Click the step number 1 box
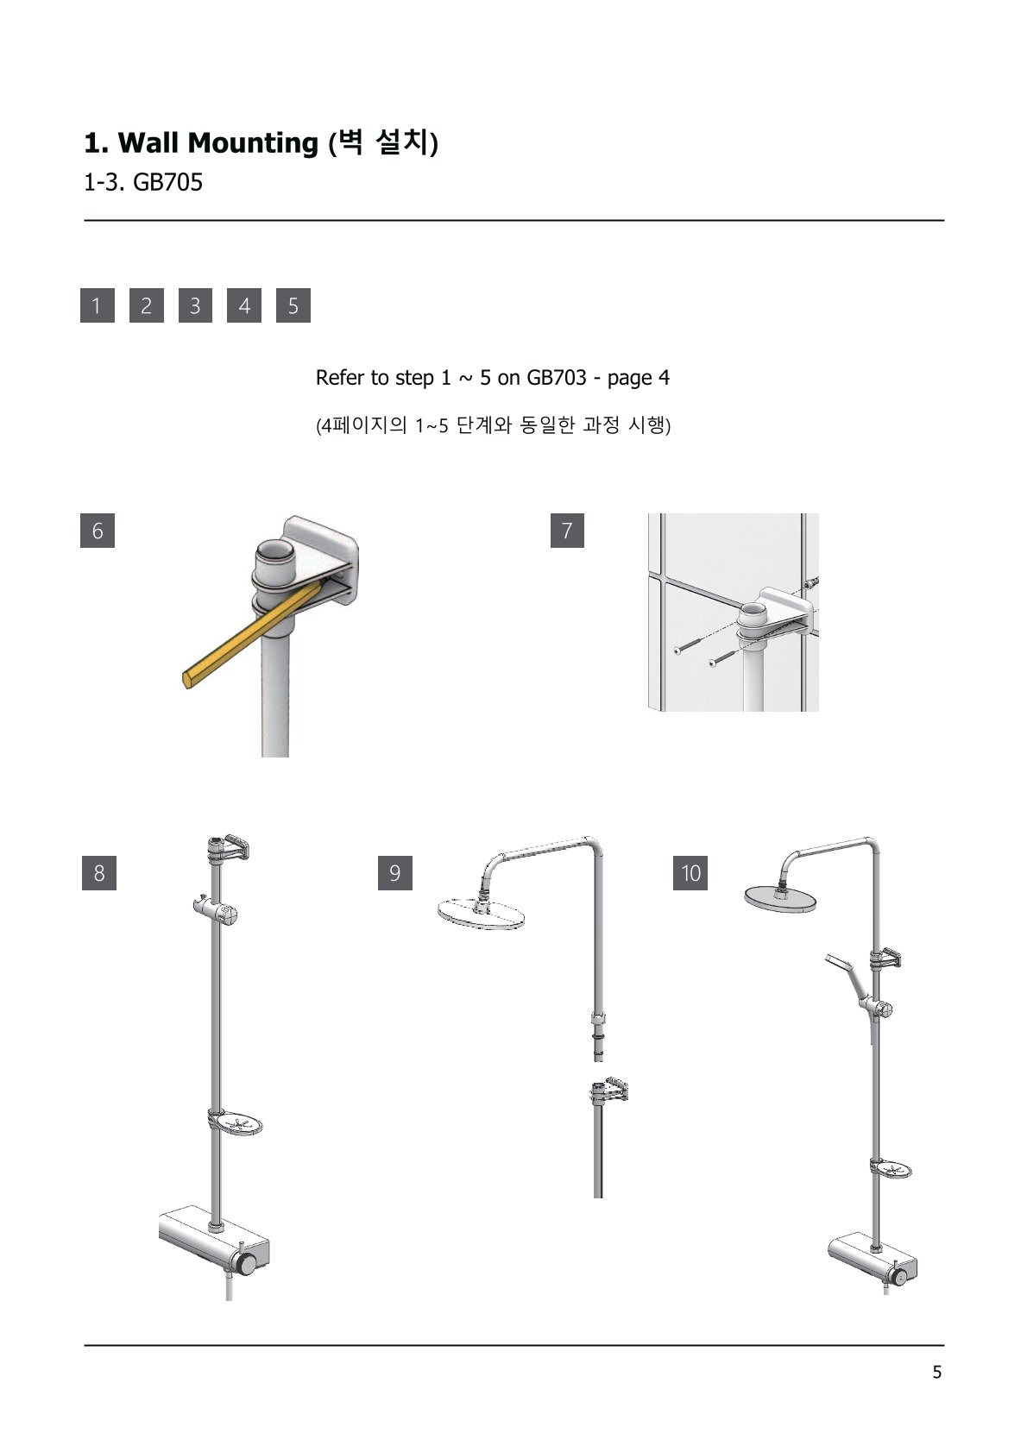(98, 305)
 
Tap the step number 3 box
(195, 305)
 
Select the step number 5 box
(293, 305)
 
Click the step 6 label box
(98, 531)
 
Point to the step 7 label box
(567, 531)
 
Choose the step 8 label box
(99, 872)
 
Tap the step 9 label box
(395, 872)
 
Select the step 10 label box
(690, 872)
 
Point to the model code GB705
(168, 182)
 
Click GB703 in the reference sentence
(557, 377)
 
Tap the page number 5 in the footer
(936, 1373)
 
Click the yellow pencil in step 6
(253, 633)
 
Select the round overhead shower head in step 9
(481, 914)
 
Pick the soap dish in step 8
(236, 1122)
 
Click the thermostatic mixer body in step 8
(214, 1240)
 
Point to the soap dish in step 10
(891, 1169)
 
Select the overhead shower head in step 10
(780, 897)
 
